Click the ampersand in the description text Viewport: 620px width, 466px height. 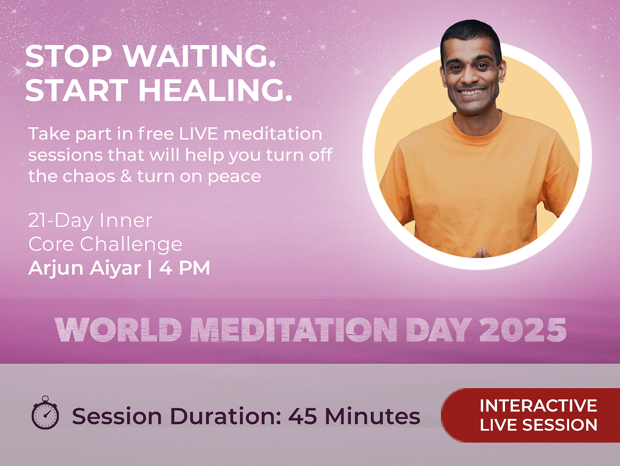126,176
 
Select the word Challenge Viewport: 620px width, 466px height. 131,244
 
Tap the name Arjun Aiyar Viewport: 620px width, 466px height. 85,268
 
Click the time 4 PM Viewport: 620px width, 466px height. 184,268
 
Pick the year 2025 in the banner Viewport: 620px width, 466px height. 522,330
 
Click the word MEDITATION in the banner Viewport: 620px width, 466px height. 294,330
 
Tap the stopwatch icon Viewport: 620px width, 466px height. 45,412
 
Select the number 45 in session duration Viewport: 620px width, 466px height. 303,416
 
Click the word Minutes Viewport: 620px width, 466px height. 372,416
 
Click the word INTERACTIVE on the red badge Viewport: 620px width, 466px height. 538,406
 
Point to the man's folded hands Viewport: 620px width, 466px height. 481,252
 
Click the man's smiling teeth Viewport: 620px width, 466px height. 472,92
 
